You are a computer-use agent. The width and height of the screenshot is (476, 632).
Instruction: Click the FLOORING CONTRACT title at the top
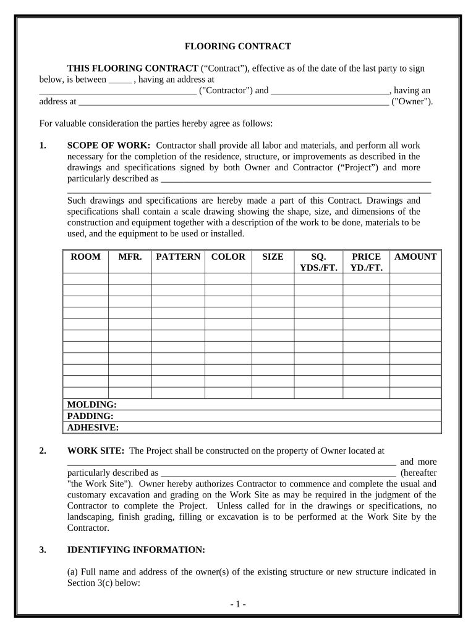(238, 46)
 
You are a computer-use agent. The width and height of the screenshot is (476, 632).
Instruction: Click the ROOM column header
(85, 257)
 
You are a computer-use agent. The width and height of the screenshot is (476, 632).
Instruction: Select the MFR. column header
(130, 257)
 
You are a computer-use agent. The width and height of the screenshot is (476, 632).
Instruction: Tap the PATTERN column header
(178, 257)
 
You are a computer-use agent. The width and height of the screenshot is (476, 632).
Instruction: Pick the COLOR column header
(228, 257)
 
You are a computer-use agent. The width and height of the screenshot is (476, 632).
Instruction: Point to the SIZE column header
(273, 257)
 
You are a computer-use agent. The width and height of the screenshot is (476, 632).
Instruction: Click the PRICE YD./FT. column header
(366, 262)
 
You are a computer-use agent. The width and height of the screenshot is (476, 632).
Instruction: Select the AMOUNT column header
(415, 257)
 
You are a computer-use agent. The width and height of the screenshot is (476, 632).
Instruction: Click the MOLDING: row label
(91, 405)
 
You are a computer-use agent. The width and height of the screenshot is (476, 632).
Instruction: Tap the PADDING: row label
(90, 416)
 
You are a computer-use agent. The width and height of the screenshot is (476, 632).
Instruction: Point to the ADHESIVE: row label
(93, 427)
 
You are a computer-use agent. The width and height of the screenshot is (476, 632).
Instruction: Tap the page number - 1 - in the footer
(237, 605)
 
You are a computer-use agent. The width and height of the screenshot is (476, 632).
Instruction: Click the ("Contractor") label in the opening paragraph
(226, 90)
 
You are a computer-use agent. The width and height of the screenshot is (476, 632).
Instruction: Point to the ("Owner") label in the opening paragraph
(412, 102)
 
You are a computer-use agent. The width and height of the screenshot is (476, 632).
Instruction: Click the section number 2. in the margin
(43, 451)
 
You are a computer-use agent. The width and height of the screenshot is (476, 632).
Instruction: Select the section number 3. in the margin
(43, 549)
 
